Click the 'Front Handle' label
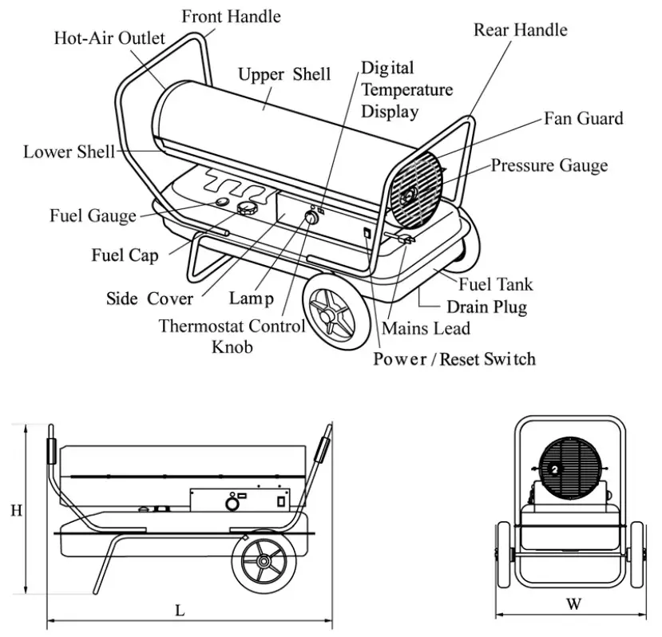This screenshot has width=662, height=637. (x=232, y=16)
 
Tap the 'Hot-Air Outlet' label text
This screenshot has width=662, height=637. (x=109, y=38)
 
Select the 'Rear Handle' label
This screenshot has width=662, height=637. (x=520, y=30)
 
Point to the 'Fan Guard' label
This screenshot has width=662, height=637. (x=583, y=119)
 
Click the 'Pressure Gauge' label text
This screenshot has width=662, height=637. (x=549, y=166)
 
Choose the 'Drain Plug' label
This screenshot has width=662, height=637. (x=486, y=307)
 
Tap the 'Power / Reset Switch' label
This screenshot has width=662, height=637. (x=454, y=359)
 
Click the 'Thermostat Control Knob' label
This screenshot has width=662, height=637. (x=232, y=336)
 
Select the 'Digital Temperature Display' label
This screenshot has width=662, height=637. (x=406, y=89)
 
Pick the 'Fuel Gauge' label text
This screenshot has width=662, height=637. (x=87, y=216)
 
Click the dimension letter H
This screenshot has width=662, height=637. (x=16, y=511)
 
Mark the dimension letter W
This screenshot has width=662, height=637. (x=573, y=604)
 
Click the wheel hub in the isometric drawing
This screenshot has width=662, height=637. (x=327, y=314)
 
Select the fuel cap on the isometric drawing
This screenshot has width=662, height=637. (x=247, y=209)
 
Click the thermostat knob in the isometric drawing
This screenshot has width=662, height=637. (x=309, y=220)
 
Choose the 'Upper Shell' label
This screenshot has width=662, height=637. (x=284, y=74)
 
